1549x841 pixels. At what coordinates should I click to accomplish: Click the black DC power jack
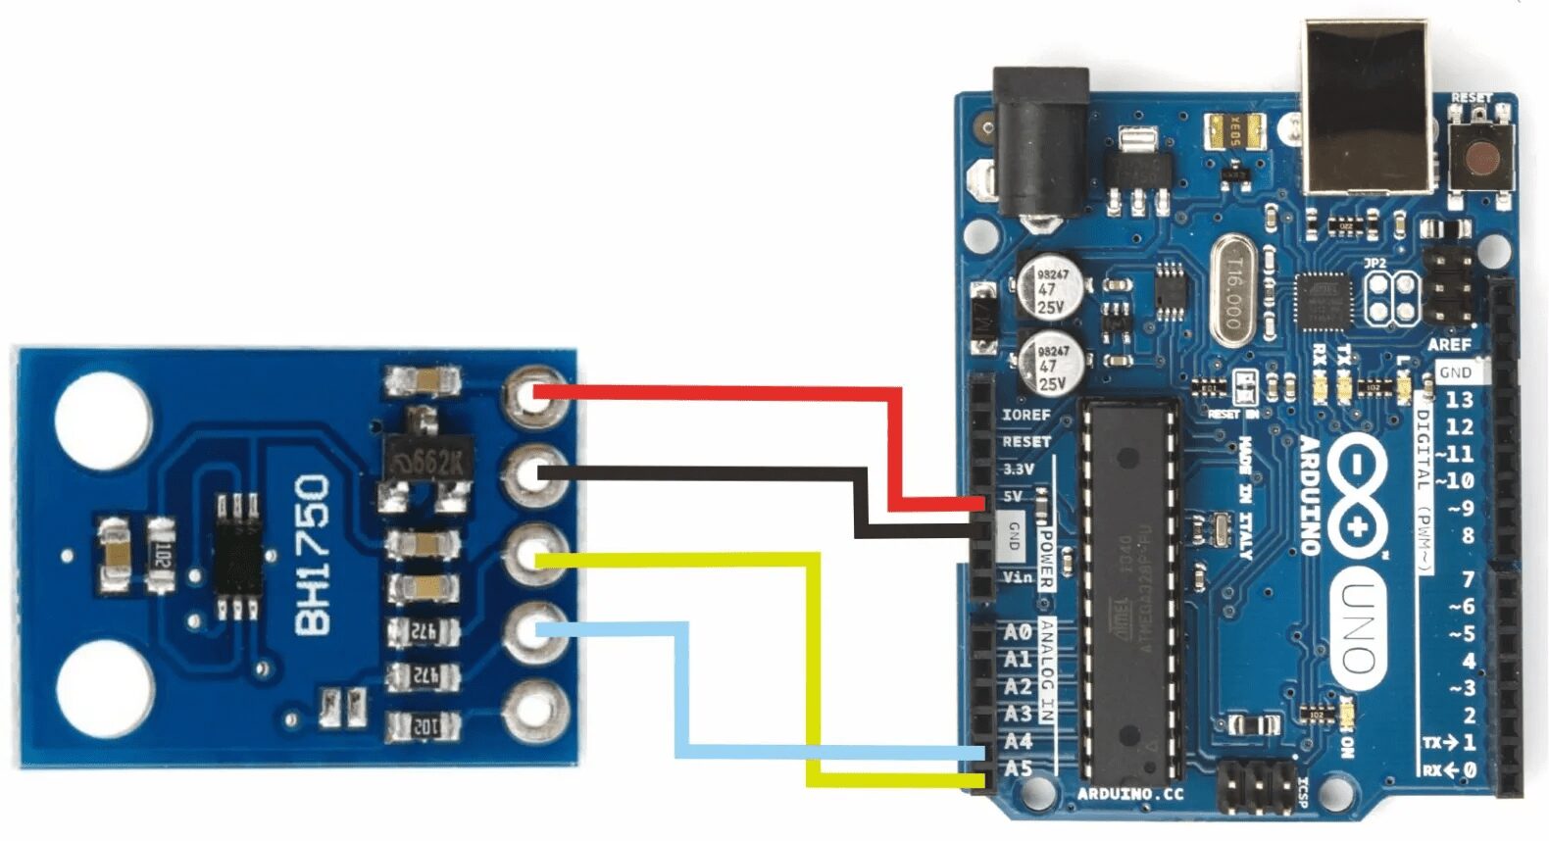click(x=1041, y=142)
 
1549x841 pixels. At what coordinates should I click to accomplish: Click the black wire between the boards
click(x=706, y=474)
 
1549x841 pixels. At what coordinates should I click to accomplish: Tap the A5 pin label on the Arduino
click(x=1019, y=768)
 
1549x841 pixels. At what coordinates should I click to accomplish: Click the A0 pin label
click(x=1018, y=632)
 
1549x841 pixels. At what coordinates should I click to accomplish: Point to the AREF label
click(x=1449, y=345)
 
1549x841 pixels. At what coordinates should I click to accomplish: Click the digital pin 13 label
click(x=1459, y=399)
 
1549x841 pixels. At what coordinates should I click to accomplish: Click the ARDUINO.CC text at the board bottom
click(x=1129, y=794)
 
